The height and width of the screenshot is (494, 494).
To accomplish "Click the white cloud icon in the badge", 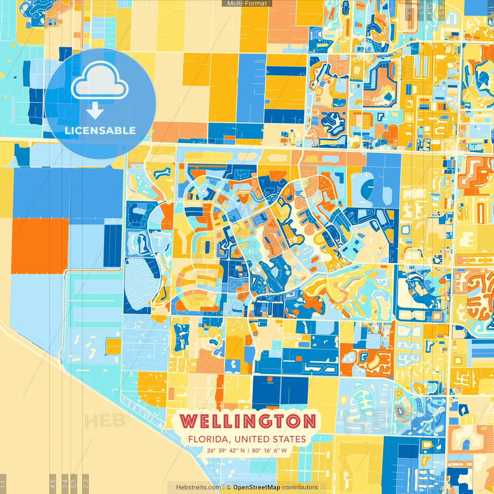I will click(100, 81).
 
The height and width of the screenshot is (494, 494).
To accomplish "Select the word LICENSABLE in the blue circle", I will click(100, 130).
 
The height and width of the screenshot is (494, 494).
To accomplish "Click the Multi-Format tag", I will click(247, 3).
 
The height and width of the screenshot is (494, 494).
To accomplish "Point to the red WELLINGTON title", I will click(248, 421).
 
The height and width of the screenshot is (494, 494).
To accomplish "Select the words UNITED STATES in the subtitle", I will click(270, 439).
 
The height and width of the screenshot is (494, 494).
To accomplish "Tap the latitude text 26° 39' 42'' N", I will click(226, 450).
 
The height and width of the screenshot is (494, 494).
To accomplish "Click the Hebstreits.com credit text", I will click(198, 487).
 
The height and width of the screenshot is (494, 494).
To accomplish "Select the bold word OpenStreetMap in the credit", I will click(257, 487).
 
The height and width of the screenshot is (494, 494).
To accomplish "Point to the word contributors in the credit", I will click(300, 487).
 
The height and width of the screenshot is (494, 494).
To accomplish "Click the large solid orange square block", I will click(40, 246).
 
